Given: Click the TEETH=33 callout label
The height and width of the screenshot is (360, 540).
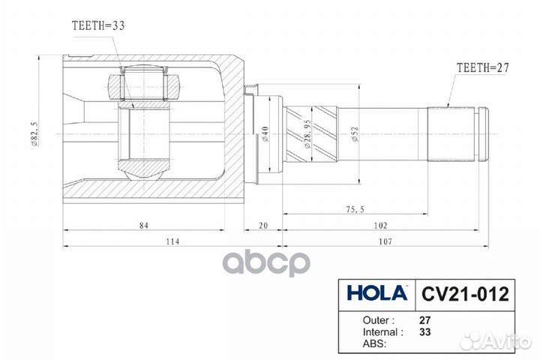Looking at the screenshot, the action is tap(98, 25).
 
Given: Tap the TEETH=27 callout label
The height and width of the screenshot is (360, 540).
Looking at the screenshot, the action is tap(482, 67).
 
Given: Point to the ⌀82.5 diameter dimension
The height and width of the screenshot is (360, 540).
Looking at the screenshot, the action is tap(34, 134).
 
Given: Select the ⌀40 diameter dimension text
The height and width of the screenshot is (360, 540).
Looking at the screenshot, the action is tap(265, 134).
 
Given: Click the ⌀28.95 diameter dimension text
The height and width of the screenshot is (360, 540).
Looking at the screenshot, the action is tap(307, 133).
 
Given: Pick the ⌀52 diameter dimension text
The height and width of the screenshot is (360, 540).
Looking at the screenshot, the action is tap(355, 134).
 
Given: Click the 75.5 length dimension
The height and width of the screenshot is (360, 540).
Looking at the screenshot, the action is tap(355, 209).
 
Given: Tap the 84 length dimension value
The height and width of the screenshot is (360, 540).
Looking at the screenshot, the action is tap(143, 225).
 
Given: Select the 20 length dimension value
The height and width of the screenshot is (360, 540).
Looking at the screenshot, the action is tap(263, 225).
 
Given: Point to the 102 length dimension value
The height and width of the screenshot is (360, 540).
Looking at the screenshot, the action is tap(380, 225).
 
